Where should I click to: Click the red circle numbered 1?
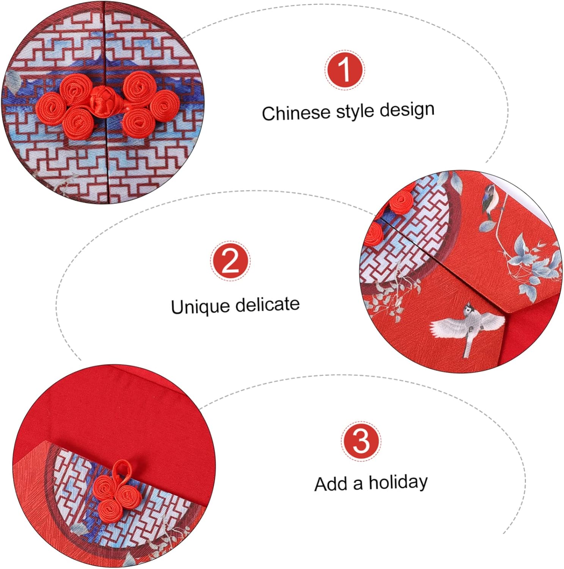coord(344,70)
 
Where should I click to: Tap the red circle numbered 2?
coord(230,261)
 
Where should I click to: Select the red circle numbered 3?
coord(360,441)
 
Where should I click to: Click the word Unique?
coord(200,307)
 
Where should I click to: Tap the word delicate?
coord(267,305)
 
